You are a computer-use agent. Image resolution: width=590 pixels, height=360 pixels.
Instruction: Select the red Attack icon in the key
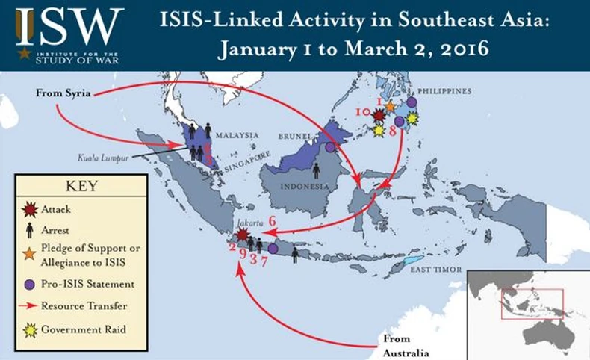pos(31,209)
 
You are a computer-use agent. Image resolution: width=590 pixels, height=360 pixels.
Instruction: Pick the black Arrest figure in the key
pos(30,231)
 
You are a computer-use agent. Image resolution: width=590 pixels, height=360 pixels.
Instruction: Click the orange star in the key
pos(30,254)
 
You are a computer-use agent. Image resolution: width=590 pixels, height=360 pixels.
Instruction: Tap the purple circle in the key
pos(30,284)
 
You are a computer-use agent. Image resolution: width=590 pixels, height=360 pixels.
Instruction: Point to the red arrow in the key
pos(30,305)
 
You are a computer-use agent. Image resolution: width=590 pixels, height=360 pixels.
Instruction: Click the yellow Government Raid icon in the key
pos(30,329)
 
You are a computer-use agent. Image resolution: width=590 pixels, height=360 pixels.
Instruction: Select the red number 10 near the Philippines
pos(363,111)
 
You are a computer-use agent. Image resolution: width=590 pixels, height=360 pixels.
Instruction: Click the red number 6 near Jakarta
pos(273,220)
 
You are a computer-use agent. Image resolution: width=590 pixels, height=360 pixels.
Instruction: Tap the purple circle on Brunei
pos(329,147)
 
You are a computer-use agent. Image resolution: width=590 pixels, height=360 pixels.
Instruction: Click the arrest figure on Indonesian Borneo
pos(316,171)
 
